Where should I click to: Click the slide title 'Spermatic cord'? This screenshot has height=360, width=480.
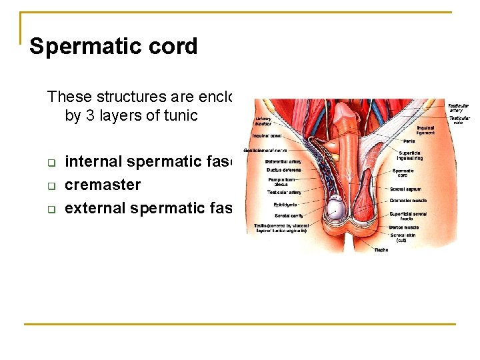pos(113,47)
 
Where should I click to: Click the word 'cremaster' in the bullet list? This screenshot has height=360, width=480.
pos(103,185)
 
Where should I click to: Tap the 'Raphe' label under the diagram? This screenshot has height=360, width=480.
pos(381,249)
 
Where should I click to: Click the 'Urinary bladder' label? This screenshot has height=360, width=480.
pos(263,121)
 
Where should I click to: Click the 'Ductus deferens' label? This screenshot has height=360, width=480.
pos(283,170)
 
